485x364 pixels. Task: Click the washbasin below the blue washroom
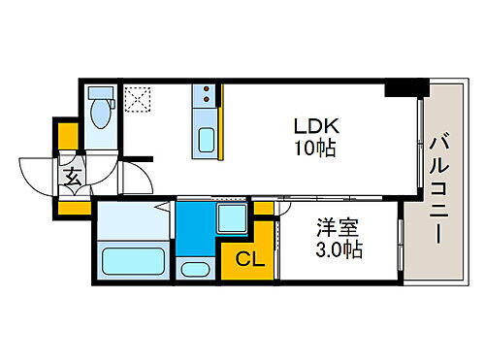(x=195, y=269)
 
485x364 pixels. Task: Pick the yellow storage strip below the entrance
(x=74, y=206)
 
